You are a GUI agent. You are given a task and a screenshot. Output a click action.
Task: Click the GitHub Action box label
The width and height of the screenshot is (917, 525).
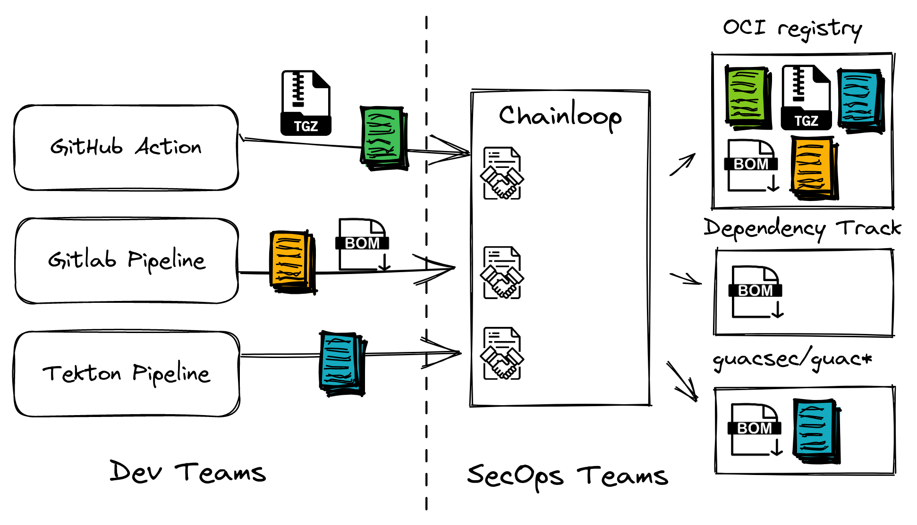[126, 147]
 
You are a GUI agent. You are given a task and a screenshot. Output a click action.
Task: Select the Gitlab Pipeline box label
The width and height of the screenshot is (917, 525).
[127, 260]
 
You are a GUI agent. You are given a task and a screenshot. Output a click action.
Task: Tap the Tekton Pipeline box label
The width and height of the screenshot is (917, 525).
[126, 374]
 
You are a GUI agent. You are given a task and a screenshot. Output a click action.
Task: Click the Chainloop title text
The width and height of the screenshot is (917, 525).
[560, 116]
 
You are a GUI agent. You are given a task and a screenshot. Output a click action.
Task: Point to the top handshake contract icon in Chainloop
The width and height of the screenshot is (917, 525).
[502, 174]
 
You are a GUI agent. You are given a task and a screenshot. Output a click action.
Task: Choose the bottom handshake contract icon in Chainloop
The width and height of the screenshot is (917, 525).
[502, 354]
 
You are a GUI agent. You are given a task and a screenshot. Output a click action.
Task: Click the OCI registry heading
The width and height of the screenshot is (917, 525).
[792, 28]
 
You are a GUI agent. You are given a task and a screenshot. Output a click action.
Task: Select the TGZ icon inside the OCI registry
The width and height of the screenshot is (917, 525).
[806, 98]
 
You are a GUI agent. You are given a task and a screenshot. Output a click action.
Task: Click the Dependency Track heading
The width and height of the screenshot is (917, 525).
[802, 229]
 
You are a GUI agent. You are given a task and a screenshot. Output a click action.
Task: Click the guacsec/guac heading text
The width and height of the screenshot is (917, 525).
[792, 360]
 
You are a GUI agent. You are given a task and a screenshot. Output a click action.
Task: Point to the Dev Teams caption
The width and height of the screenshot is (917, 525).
[187, 472]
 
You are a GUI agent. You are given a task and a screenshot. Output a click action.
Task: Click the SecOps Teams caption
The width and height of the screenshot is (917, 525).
[568, 475]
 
